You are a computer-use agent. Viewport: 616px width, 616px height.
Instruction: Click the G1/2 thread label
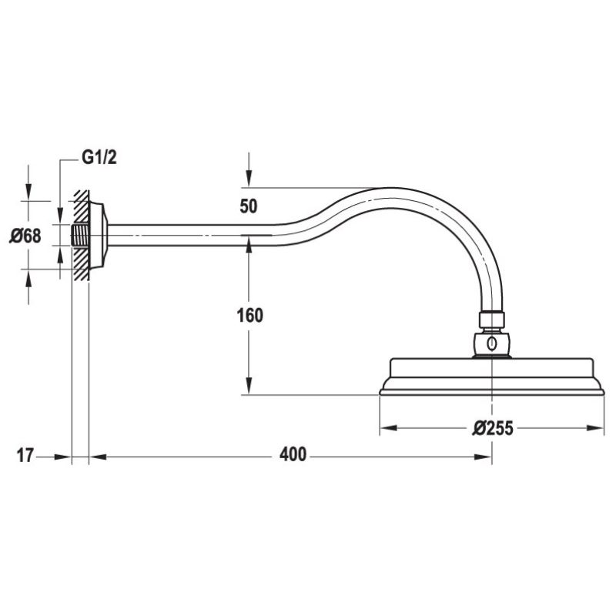point(99,159)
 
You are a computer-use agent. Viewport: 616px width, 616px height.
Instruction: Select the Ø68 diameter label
point(25,236)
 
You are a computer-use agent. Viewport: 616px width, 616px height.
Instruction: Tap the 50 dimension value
point(249,206)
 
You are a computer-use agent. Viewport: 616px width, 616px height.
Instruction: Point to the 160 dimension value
point(249,316)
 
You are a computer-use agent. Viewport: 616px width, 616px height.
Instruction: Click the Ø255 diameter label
point(493,428)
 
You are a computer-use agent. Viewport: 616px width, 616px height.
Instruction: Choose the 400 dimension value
point(293,455)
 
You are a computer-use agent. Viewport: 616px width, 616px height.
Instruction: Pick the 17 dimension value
point(25,456)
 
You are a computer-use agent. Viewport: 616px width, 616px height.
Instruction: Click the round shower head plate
point(493,377)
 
